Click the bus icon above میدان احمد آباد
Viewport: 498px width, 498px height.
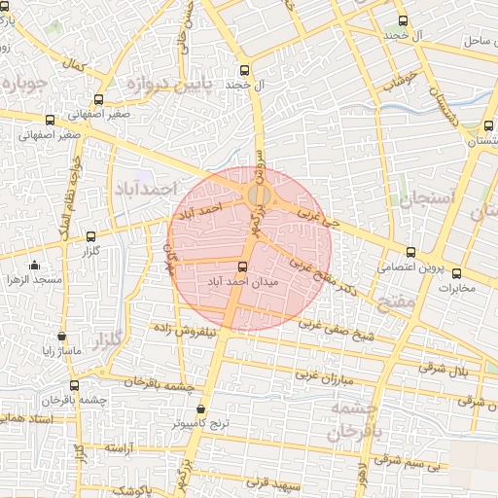coord(242,267)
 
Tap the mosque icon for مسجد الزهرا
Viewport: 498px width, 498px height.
coord(35,266)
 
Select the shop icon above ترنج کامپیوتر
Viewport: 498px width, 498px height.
coord(201,410)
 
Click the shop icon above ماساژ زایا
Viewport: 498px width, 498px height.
coord(62,336)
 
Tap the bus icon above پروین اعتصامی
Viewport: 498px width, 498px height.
coord(409,252)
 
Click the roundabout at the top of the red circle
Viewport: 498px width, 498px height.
coord(258,196)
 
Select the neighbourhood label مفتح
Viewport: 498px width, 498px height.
coord(400,303)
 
